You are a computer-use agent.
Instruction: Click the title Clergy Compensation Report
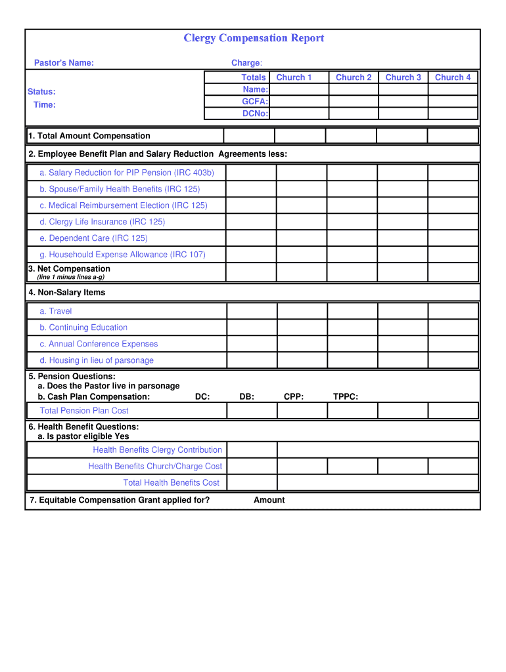click(253, 38)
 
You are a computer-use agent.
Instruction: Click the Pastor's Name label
click(64, 63)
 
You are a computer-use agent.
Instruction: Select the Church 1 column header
click(294, 77)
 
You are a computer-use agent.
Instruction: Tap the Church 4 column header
click(453, 77)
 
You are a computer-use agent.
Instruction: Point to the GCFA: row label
click(255, 102)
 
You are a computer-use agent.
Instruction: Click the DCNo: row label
click(254, 114)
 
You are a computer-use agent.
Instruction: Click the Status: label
click(41, 92)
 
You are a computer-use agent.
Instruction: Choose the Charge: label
click(246, 63)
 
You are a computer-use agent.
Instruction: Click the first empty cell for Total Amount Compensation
click(249, 136)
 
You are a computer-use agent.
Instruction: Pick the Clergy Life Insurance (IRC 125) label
click(103, 222)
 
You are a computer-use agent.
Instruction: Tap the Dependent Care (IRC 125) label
click(93, 238)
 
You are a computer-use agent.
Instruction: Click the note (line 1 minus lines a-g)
click(70, 277)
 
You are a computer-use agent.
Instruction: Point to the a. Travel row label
click(56, 311)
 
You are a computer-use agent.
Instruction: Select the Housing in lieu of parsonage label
click(97, 360)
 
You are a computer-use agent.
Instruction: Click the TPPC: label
click(346, 396)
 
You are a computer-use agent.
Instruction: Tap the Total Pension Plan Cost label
click(84, 411)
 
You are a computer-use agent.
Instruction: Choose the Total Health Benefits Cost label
click(172, 482)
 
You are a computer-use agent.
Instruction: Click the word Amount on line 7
click(269, 500)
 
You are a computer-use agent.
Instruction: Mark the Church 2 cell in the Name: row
click(354, 89)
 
